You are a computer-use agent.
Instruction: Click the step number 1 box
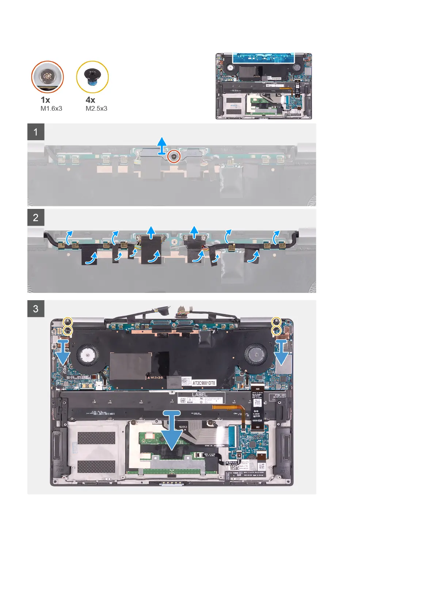coord(36,132)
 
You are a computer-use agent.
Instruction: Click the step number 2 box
coord(36,218)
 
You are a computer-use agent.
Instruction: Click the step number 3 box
coord(36,309)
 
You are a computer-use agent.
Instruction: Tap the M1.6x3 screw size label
coord(51,108)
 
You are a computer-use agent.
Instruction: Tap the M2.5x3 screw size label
coord(96,108)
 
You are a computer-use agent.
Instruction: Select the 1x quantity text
coord(45,100)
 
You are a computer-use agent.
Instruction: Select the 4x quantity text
coord(90,100)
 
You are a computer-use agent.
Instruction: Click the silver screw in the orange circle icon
coord(47,77)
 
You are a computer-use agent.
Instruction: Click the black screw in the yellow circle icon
coord(92,77)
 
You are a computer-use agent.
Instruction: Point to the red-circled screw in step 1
coord(174,157)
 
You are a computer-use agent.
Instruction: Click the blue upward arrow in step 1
coord(162,145)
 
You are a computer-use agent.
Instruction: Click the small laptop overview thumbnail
coord(264,86)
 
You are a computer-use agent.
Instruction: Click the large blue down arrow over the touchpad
coord(172,431)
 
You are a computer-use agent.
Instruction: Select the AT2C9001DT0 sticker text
coord(204,383)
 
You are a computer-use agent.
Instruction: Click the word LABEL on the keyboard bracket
coord(199,394)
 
